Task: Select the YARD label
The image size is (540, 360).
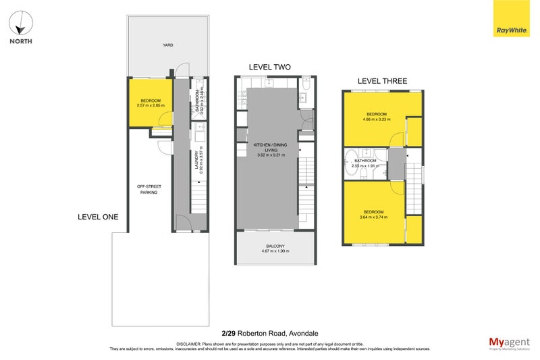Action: click(167, 45)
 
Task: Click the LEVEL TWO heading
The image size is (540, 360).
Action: click(269, 67)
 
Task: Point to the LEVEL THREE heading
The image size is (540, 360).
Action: click(382, 81)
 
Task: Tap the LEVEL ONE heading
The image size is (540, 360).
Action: click(98, 217)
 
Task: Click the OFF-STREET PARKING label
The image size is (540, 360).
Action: click(148, 189)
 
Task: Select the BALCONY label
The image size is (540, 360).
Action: click(275, 246)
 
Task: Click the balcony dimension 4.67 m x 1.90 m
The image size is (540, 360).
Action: click(275, 251)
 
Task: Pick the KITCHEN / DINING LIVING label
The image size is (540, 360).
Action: click(269, 148)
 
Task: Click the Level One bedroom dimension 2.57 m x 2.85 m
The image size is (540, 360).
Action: click(151, 105)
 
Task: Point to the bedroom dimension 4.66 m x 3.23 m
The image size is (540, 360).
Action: click(377, 119)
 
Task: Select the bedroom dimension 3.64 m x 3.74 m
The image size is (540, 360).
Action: click(373, 217)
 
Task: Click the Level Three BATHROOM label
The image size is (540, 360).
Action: click(365, 160)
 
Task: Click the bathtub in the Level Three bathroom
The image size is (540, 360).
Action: click(351, 163)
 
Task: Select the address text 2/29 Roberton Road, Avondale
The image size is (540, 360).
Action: click(269, 332)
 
